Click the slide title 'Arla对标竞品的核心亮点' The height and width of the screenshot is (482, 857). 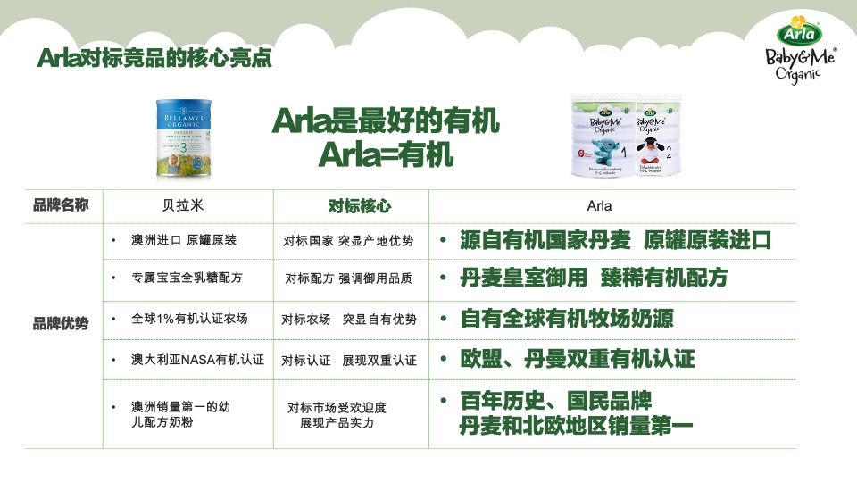(154, 58)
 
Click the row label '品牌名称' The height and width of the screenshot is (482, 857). (61, 205)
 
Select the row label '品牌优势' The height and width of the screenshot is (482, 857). (61, 323)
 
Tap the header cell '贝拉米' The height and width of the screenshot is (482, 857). (186, 205)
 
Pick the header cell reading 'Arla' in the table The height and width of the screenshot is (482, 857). (599, 205)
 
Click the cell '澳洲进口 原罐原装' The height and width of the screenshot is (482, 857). (184, 240)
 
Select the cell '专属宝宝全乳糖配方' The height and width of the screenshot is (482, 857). (187, 278)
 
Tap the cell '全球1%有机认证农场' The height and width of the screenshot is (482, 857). (189, 319)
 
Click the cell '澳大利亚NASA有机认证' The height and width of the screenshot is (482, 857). (197, 360)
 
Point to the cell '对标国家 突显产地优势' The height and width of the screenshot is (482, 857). (349, 241)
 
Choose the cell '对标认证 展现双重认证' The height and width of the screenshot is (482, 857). (349, 361)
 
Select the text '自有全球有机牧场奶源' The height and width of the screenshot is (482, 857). (566, 319)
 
